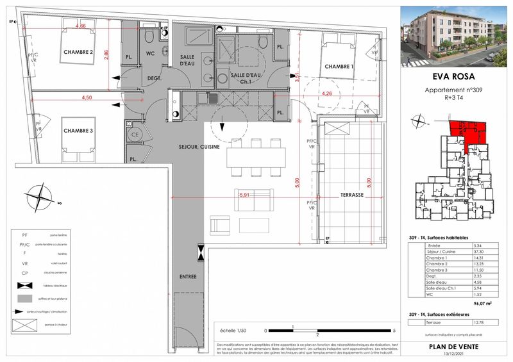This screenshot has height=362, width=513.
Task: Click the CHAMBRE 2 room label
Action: point(79,53)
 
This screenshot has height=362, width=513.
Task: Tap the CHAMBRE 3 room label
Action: point(79,131)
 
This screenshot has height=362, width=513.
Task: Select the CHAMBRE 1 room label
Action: point(339,67)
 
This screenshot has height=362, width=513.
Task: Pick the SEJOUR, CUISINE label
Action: point(199,147)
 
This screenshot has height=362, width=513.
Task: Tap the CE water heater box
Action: point(136,135)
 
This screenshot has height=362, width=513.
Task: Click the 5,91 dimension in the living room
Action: point(244,195)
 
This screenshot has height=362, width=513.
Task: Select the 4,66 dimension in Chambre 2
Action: point(81,27)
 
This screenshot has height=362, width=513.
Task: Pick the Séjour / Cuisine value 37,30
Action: point(479,252)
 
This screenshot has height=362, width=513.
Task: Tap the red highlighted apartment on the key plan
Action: point(464,129)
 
